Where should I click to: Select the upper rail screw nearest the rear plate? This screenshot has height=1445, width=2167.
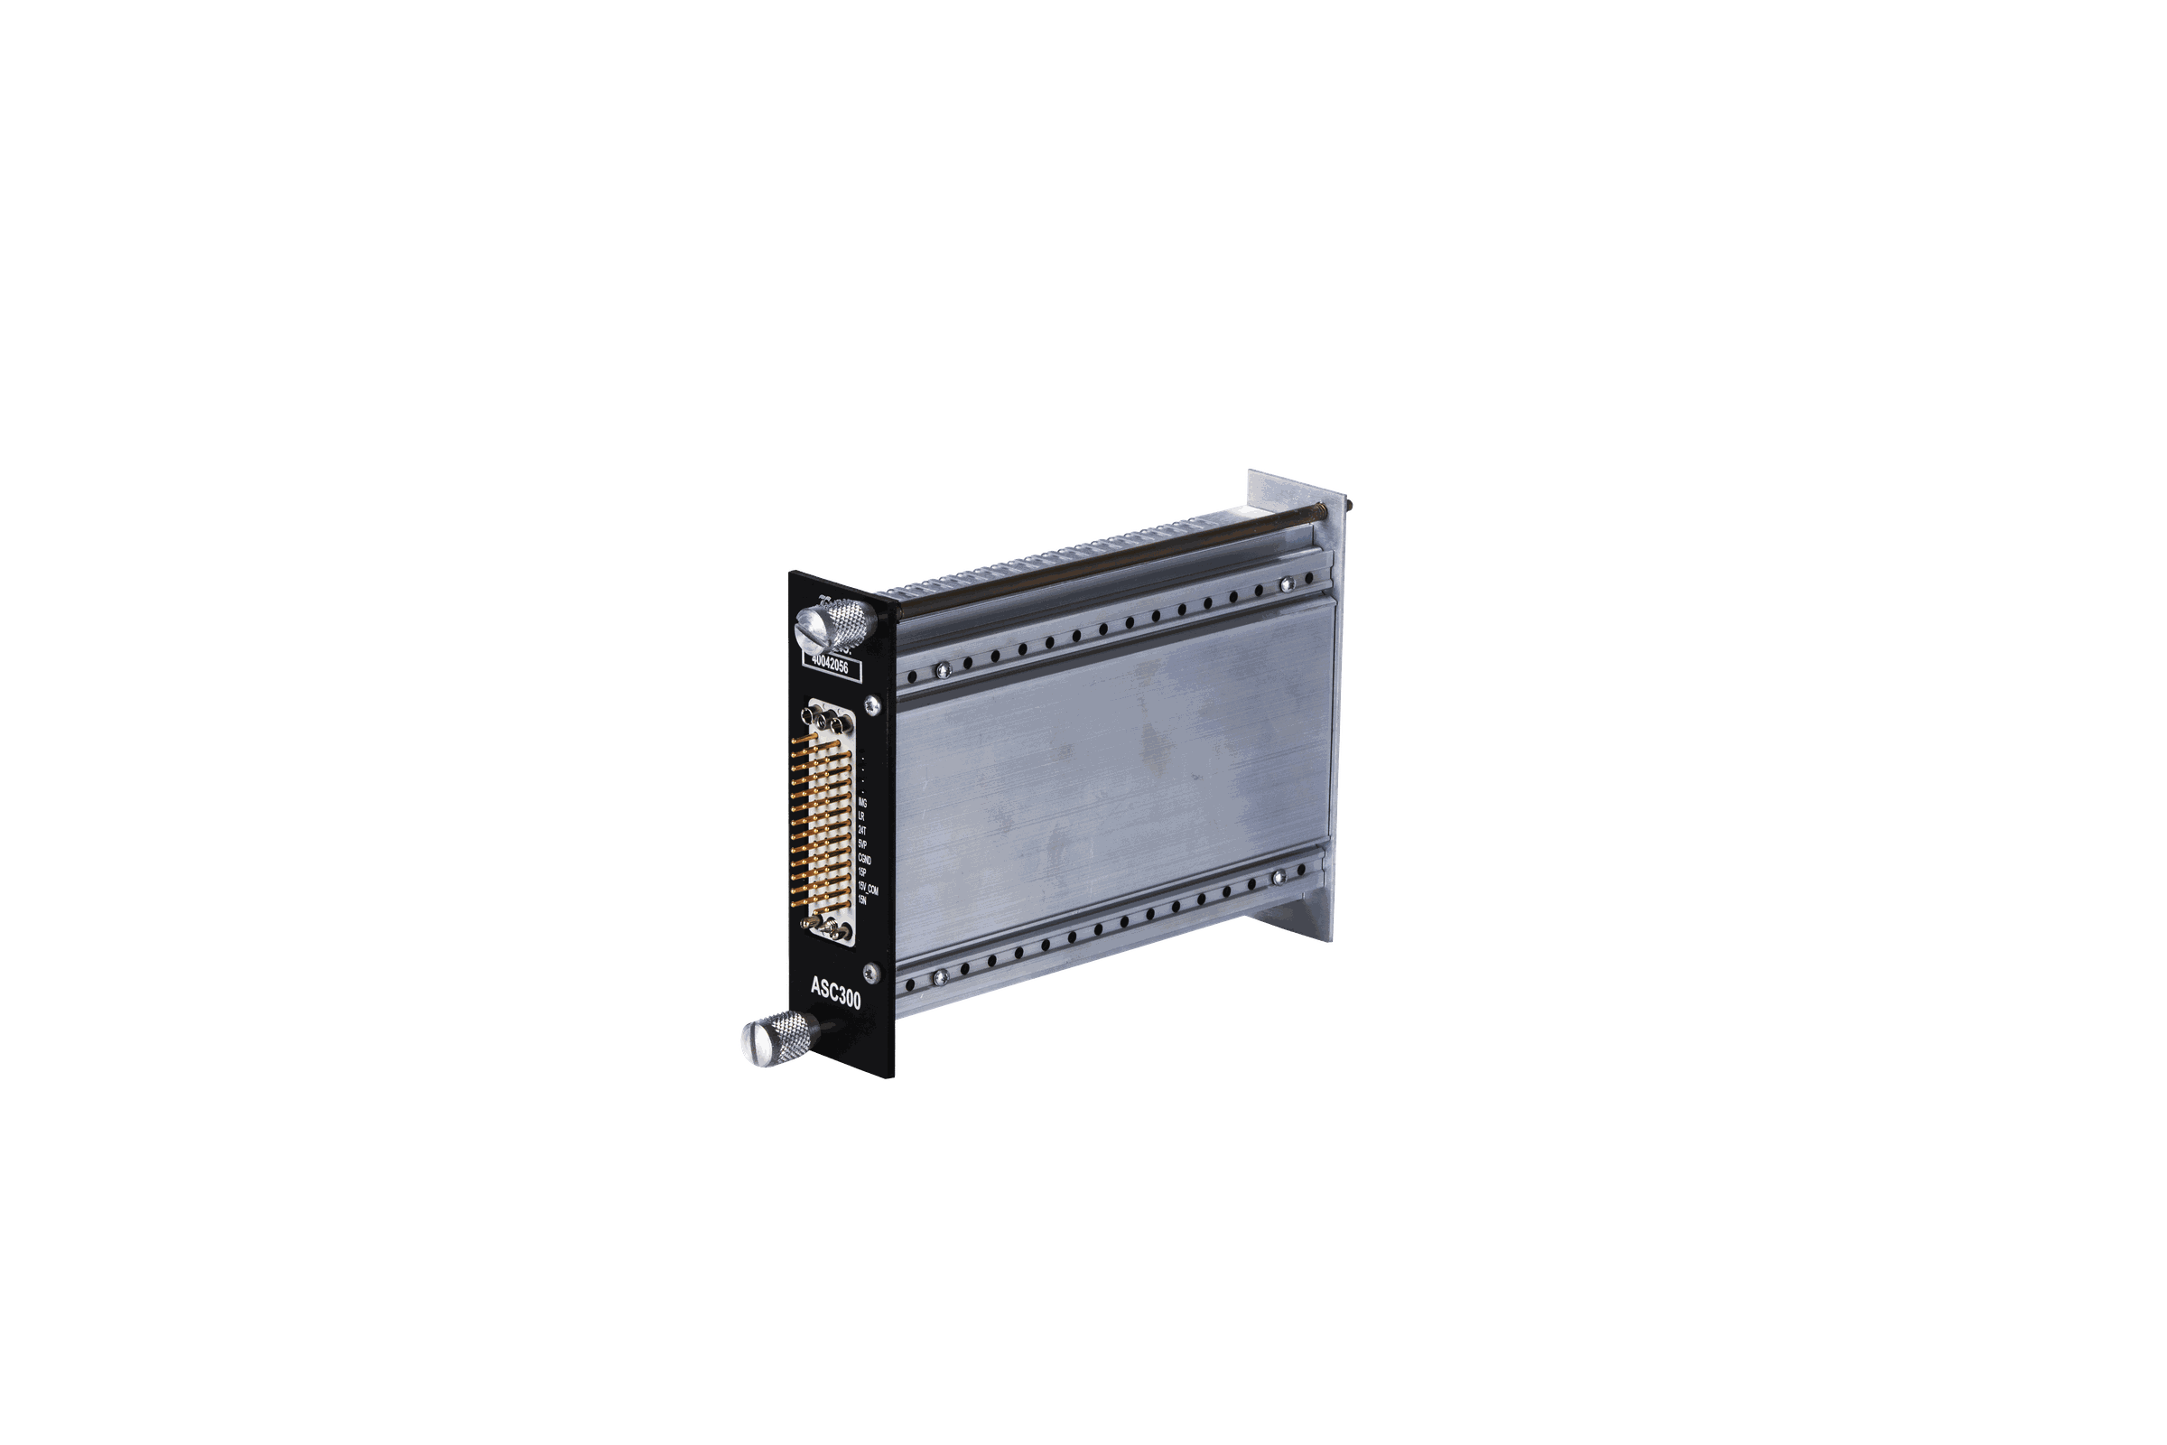(1282, 583)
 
